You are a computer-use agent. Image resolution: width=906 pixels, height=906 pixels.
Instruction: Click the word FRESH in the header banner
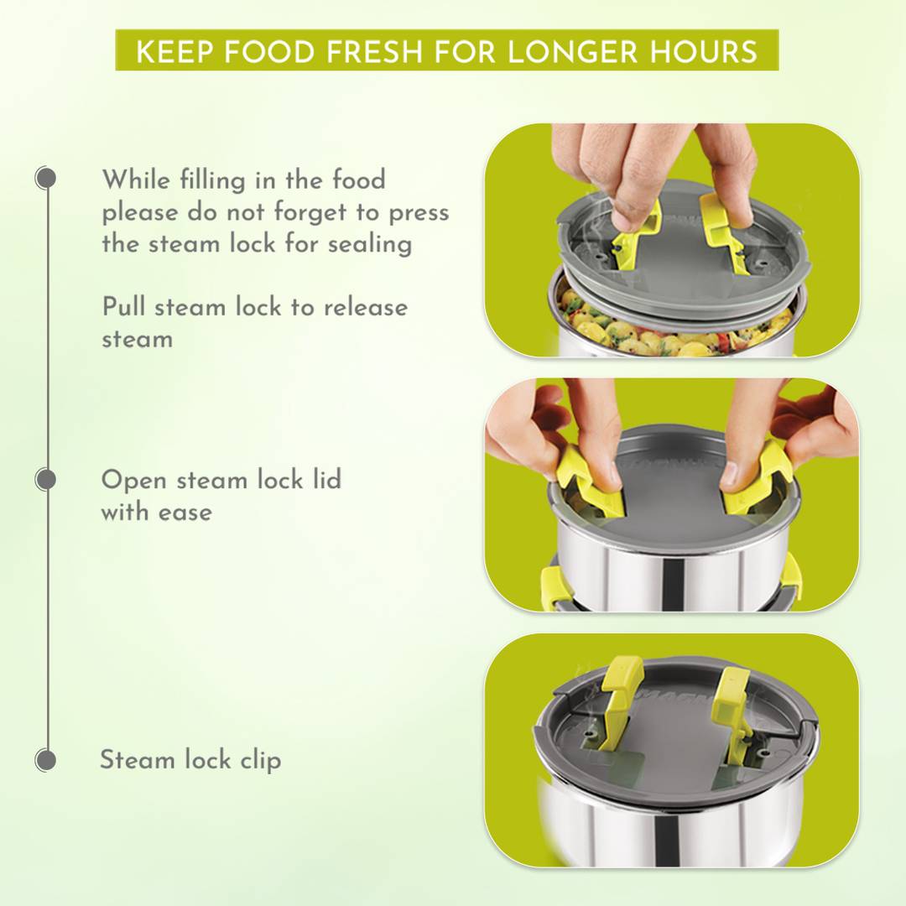[374, 51]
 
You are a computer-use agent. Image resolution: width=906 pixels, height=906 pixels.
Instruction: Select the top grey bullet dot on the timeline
[45, 178]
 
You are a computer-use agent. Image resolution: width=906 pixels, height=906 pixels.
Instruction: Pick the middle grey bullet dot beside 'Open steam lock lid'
[45, 480]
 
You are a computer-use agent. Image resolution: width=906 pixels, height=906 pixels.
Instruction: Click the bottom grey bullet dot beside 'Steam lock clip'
[45, 760]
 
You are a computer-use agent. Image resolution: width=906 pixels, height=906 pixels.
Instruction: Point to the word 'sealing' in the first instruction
[370, 245]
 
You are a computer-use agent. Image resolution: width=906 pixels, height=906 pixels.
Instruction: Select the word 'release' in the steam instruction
[366, 307]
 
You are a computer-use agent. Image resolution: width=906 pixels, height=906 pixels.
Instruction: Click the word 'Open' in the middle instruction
[134, 481]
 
